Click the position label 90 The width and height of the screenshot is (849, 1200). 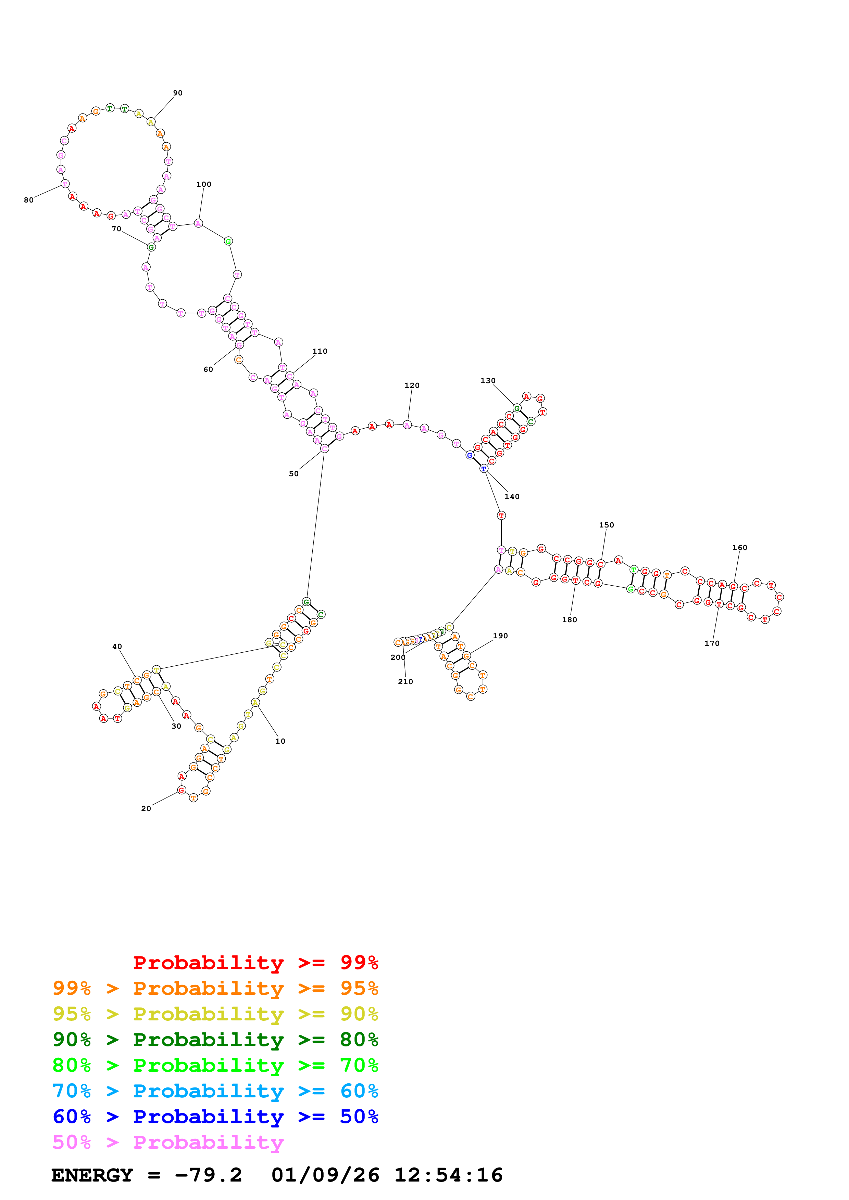[178, 93]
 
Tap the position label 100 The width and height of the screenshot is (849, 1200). [203, 184]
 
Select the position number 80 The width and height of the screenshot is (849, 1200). [29, 200]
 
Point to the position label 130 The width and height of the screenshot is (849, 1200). [488, 381]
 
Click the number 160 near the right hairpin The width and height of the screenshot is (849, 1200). [739, 548]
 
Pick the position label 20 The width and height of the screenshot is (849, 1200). [146, 809]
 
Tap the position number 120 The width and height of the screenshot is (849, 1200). [412, 386]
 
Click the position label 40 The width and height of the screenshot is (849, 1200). [117, 647]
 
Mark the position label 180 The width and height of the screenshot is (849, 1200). [569, 620]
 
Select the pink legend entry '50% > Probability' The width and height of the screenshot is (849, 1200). [168, 1143]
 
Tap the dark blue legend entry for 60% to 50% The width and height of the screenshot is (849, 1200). [215, 1117]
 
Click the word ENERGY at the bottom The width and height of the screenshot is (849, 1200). [92, 1175]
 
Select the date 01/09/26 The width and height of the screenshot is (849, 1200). [325, 1175]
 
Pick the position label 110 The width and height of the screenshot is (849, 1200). [320, 352]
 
